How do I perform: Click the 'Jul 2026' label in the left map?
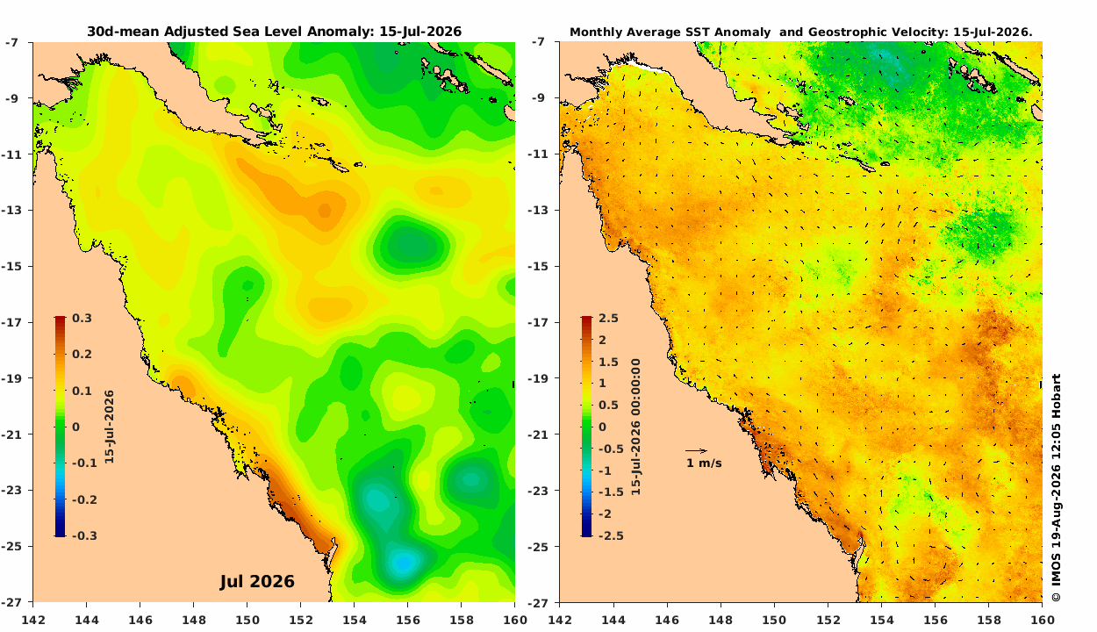click(257, 582)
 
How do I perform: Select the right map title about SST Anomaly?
click(800, 32)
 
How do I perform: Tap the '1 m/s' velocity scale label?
click(704, 463)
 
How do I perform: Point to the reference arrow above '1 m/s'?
click(697, 450)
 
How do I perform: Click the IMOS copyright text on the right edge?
click(1057, 488)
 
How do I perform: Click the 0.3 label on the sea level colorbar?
click(82, 318)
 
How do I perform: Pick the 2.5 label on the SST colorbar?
click(608, 318)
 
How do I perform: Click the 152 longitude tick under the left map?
click(301, 620)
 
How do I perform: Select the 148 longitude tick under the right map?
click(721, 620)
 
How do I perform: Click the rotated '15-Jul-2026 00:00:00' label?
click(635, 427)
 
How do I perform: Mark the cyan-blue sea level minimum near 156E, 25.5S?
click(404, 563)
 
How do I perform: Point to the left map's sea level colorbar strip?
click(60, 427)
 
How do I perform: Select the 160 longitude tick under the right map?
click(1043, 620)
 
